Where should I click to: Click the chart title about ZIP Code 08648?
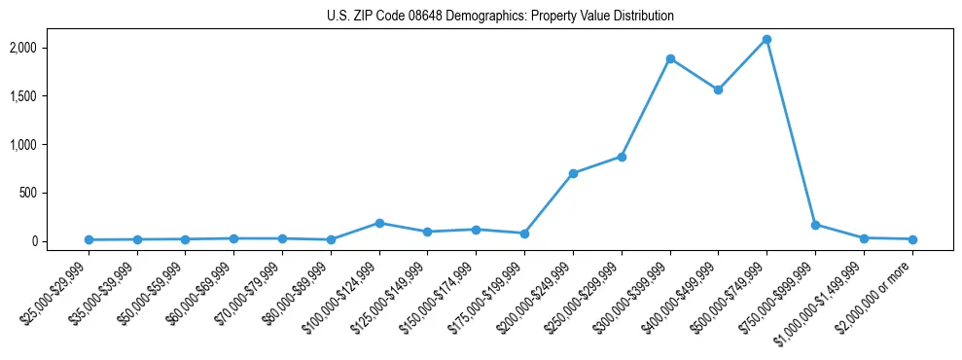point(500,16)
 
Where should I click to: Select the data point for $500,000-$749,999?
point(766,40)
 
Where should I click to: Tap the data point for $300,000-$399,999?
point(670,58)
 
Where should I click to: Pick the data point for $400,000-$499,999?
point(719,90)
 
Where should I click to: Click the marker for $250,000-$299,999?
point(622,157)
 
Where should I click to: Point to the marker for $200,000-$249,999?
point(573,173)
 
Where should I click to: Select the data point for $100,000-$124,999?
point(379,223)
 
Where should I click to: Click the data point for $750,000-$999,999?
point(815,225)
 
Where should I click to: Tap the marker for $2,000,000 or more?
point(912,239)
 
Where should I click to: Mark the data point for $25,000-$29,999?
point(89,239)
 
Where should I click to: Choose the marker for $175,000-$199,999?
point(524,234)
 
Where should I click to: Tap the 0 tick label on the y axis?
point(60,241)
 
